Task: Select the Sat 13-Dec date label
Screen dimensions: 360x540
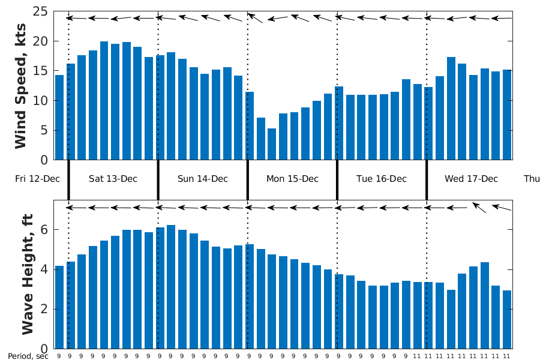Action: [113, 179]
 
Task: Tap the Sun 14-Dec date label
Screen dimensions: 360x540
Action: [203, 179]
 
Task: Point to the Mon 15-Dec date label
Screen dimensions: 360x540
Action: [292, 179]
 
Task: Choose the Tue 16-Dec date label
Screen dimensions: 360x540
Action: [382, 179]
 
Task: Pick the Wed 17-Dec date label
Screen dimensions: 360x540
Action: [471, 179]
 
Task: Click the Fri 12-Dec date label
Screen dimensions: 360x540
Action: [37, 179]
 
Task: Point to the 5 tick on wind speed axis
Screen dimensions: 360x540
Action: [44, 131]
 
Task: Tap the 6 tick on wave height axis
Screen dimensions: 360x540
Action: [44, 230]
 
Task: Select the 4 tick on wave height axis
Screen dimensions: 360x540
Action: [44, 269]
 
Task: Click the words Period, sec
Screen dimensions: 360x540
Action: [28, 356]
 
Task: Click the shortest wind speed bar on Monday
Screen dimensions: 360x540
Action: [272, 144]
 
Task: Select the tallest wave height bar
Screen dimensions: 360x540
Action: [171, 287]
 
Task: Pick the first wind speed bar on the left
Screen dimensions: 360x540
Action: [59, 118]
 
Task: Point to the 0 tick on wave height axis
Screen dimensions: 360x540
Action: [44, 349]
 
